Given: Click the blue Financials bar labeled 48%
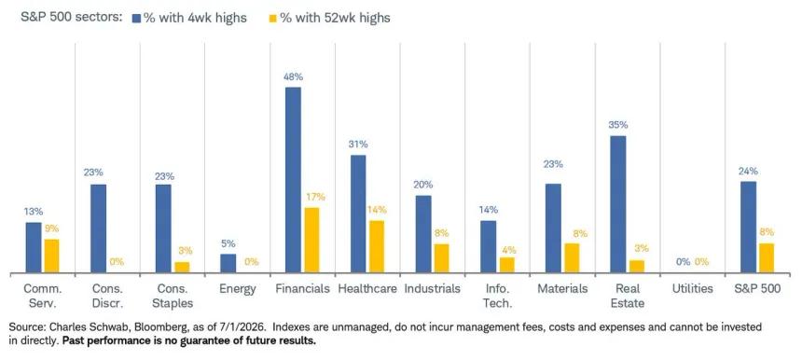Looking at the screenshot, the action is coord(293,179).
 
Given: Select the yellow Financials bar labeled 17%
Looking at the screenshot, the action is coord(311,240).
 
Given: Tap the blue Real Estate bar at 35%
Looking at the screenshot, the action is coord(618,204).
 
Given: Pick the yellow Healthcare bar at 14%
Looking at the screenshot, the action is coord(377,246).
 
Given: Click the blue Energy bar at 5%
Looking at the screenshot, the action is coord(228,263).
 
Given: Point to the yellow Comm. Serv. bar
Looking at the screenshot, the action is coord(51,256).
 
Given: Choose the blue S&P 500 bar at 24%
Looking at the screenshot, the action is coord(748,227).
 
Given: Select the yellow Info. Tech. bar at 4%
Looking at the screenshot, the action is coord(506,265).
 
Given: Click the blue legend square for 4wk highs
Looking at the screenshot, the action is coord(136,18).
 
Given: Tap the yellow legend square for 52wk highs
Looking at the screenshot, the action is coord(273,18).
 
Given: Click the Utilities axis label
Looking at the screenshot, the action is coord(692,288).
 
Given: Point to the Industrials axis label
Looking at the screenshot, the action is coord(432,288).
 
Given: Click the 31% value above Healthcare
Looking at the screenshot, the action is coord(358,145).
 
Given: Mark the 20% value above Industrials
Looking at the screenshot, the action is coord(423,185).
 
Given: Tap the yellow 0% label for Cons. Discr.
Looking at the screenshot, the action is coord(117,262).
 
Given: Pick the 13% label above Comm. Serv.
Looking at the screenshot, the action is coord(34,211).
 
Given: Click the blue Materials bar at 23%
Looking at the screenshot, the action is coord(553,228).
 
